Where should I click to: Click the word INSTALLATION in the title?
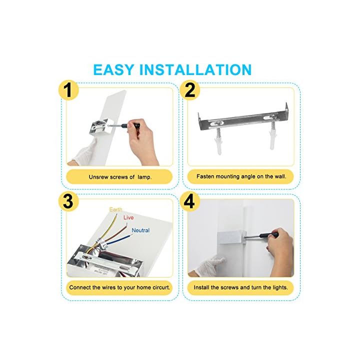pos(195,70)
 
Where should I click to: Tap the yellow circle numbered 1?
pos(68,90)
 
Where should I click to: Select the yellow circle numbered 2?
pos(189,90)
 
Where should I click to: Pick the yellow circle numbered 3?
pos(68,201)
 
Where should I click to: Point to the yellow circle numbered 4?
pos(189,201)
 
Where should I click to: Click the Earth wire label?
pos(115,209)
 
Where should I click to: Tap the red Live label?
pos(128,217)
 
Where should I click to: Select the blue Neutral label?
pos(140,230)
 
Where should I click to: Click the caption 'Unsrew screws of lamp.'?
pos(120,177)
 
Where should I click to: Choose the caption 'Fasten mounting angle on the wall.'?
pos(241,176)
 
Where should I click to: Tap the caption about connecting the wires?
pos(119,287)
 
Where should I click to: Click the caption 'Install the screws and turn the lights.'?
pos(240,287)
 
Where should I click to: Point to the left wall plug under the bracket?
pos(218,142)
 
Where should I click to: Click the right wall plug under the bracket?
pos(272,136)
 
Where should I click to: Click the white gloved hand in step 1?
pos(84,151)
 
